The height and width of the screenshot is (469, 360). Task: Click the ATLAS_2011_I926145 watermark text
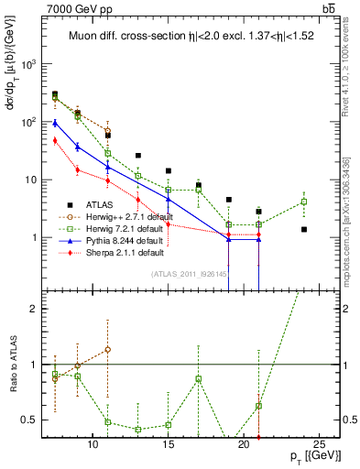(x=188, y=274)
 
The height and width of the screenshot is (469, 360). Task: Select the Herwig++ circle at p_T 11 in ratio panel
(x=108, y=349)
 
